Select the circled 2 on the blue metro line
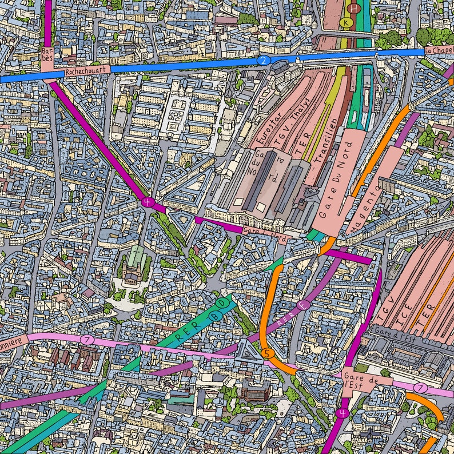coord(262,61)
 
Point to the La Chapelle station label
coord(439,50)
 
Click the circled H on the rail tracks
coord(355,9)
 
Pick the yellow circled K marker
coord(346,22)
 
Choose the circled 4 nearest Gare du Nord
coord(148,202)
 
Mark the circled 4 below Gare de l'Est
coord(342,413)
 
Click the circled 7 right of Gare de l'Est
coord(420,388)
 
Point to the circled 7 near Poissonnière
coord(86,340)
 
